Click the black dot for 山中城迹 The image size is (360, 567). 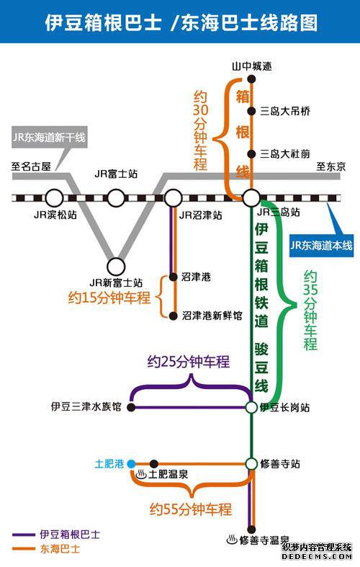click(251, 79)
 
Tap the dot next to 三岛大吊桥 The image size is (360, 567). click(251, 111)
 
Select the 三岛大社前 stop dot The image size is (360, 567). click(251, 154)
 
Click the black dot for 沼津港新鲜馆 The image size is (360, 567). click(174, 316)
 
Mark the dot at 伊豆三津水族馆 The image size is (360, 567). click(131, 407)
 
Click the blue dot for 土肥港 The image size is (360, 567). click(131, 463)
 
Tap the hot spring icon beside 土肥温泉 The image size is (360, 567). click(141, 474)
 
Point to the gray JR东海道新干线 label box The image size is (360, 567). click(50, 138)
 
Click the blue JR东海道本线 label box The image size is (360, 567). click(321, 246)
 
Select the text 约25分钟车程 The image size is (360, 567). click(189, 362)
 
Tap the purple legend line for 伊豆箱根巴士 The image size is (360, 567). click(24, 535)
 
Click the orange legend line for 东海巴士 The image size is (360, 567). click(24, 549)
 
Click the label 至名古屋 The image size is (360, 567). click(31, 166)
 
